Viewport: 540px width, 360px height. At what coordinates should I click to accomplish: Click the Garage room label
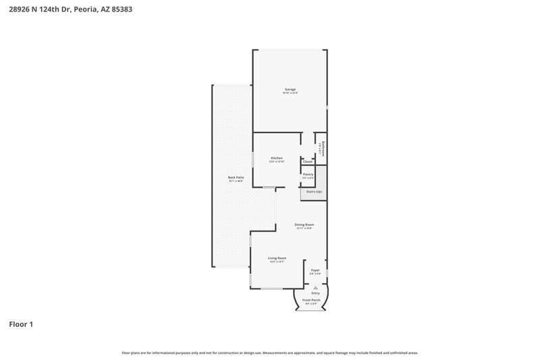coord(290,89)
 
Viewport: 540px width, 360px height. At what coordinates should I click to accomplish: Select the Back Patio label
coord(236,178)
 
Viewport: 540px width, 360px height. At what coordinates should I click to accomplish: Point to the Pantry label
coord(308,174)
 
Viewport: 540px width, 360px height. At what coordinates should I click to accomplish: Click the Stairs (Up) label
coord(315,192)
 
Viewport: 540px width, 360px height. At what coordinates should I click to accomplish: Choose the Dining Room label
coord(304,224)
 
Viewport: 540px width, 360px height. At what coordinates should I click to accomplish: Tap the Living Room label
coord(277,258)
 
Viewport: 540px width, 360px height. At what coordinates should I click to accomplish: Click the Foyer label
coord(315,269)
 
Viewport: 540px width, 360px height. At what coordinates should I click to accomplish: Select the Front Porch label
coord(311,300)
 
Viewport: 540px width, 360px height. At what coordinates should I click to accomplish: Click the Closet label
coord(308,161)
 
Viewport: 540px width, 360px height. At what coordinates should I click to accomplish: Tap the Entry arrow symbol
coord(315,287)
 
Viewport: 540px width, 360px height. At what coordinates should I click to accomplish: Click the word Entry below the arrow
coord(315,293)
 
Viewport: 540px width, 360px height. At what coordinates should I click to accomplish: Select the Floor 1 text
coord(20,324)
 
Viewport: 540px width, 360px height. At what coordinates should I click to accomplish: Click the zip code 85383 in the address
coord(122,9)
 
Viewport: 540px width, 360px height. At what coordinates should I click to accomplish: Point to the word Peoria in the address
coord(84,9)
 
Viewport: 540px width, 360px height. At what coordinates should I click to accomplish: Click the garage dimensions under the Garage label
coord(290,93)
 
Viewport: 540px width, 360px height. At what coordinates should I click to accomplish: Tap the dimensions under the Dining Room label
coord(304,228)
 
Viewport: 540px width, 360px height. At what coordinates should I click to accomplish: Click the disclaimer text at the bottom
coord(269,353)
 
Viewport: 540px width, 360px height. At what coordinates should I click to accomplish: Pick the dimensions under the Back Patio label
coord(236,181)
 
